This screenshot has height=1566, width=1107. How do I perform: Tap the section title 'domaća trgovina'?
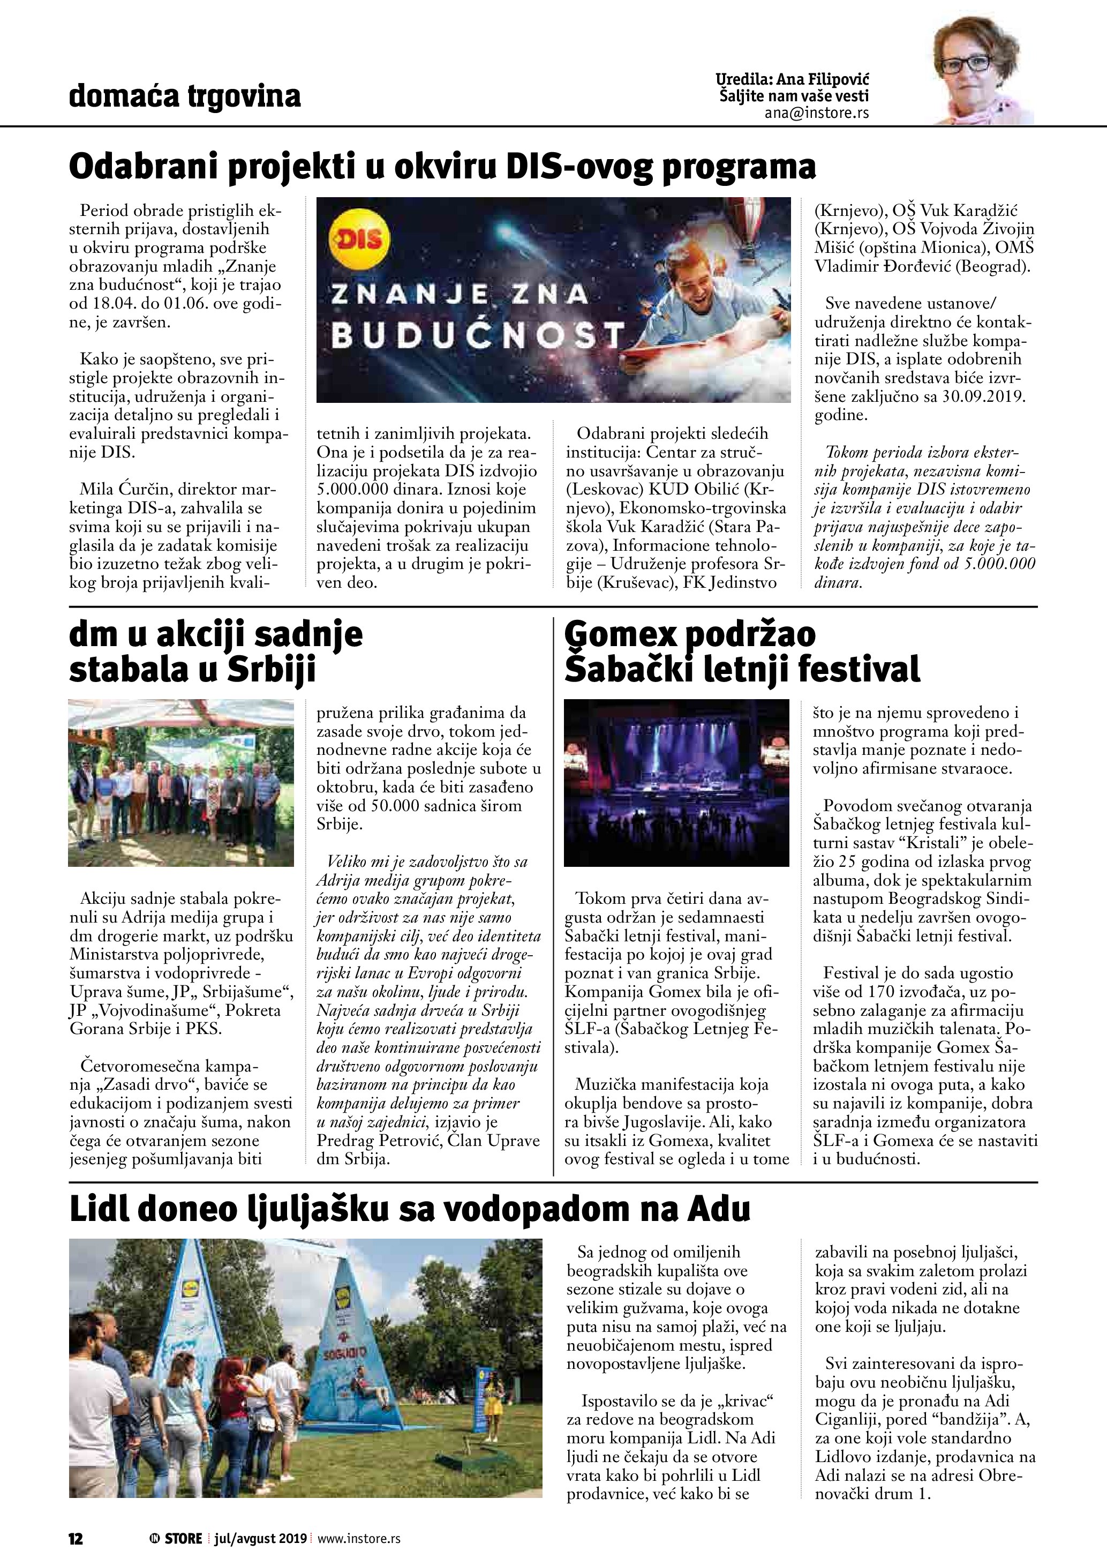point(185,96)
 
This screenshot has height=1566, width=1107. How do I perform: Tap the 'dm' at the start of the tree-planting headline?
point(89,635)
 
